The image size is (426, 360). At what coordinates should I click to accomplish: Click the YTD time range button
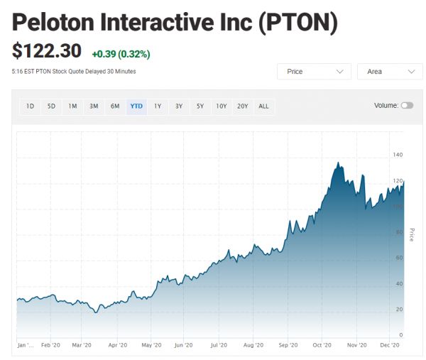[x=136, y=107]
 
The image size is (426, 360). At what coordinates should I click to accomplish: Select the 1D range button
[x=30, y=107]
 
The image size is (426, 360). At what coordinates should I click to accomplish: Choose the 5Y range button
[x=200, y=107]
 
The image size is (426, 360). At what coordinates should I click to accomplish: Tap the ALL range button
[x=263, y=107]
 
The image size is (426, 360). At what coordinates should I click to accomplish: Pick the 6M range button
[x=115, y=107]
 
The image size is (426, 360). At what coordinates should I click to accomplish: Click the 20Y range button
[x=243, y=107]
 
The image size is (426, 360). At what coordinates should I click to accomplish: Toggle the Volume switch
[x=407, y=106]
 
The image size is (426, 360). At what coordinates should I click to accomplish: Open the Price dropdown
[x=314, y=72]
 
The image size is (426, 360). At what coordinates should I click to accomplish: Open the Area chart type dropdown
[x=390, y=72]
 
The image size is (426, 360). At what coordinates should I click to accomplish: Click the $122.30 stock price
[x=47, y=52]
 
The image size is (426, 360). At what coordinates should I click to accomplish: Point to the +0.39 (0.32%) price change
[x=121, y=54]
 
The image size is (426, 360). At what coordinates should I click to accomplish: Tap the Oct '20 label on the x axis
[x=322, y=345]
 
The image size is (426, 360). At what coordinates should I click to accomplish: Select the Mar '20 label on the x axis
[x=82, y=345]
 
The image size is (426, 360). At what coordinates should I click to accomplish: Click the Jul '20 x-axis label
[x=218, y=345]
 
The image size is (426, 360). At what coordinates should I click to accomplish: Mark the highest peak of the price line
[x=338, y=163]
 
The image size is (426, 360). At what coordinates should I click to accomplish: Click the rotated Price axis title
[x=412, y=234]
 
